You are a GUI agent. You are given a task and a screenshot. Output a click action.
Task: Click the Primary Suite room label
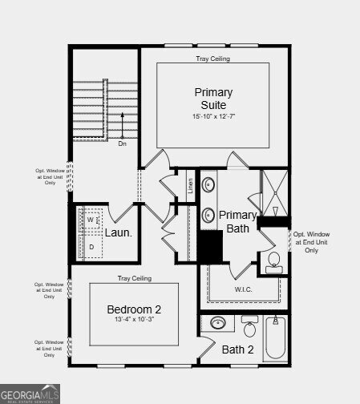click(214, 99)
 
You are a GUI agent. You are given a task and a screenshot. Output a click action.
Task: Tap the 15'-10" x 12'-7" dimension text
click(214, 117)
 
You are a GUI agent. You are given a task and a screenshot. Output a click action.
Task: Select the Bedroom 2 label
click(135, 309)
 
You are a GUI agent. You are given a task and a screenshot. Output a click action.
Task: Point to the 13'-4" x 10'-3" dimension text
click(135, 321)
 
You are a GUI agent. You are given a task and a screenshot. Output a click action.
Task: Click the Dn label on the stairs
click(122, 145)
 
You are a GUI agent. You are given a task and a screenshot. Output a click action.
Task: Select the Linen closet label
click(190, 186)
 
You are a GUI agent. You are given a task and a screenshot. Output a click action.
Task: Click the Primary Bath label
click(238, 221)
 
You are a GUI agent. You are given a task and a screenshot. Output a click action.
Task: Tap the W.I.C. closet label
click(244, 289)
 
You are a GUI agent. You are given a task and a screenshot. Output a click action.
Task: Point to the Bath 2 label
click(237, 349)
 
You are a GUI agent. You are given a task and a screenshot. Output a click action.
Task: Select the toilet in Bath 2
click(249, 328)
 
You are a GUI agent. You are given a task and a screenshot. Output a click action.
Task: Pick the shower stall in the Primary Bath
click(273, 192)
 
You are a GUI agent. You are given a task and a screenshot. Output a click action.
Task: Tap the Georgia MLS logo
click(30, 394)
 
